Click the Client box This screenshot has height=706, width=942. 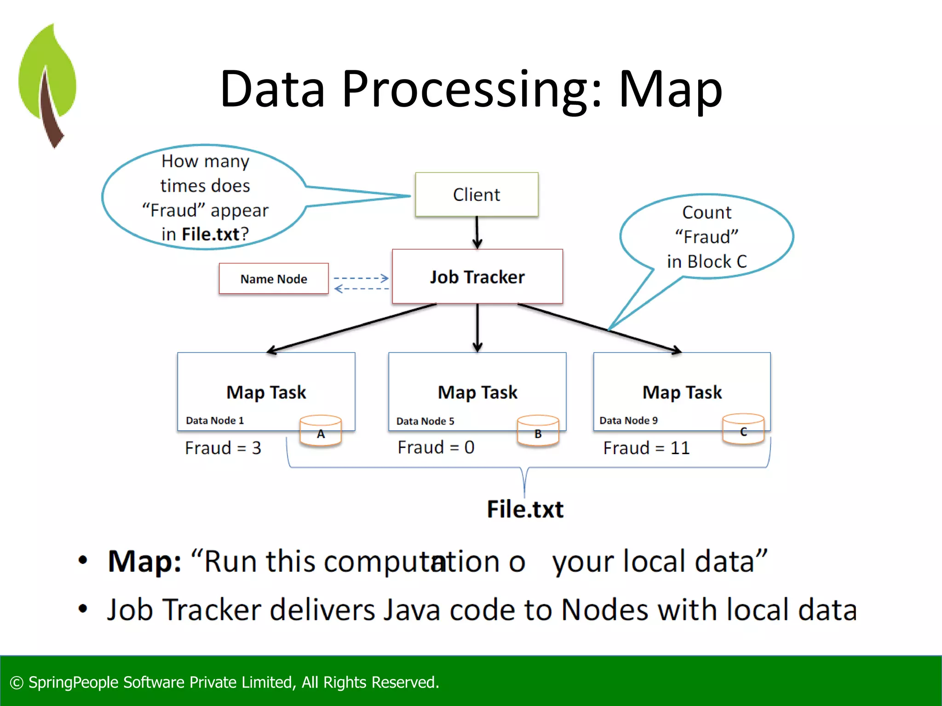click(x=477, y=194)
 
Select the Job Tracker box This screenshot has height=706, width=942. click(x=477, y=277)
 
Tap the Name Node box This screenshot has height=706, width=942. click(x=274, y=279)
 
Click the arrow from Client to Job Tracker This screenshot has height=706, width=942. click(x=477, y=233)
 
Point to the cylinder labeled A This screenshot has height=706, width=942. click(x=321, y=431)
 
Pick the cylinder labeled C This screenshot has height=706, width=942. click(x=743, y=429)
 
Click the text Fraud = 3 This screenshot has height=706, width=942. click(x=223, y=448)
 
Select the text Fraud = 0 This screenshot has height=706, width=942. click(x=436, y=447)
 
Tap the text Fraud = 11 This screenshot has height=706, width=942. click(x=646, y=448)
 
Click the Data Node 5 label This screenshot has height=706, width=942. click(x=425, y=421)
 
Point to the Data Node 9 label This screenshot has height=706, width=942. click(x=628, y=420)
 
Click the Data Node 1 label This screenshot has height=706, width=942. click(x=215, y=420)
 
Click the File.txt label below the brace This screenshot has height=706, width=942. click(x=525, y=509)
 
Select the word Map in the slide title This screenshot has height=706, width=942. click(x=670, y=90)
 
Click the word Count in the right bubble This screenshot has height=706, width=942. click(x=706, y=212)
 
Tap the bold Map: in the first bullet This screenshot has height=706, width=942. click(x=144, y=561)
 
